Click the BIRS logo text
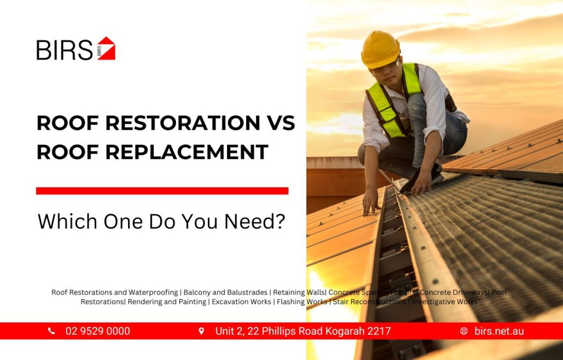(x=64, y=50)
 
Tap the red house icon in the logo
(x=106, y=48)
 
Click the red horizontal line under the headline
(x=162, y=191)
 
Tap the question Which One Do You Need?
(x=162, y=221)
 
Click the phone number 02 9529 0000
(x=98, y=331)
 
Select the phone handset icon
(x=52, y=331)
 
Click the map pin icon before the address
(x=201, y=331)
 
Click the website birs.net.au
(x=499, y=331)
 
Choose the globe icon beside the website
(x=464, y=331)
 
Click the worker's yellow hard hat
(x=380, y=49)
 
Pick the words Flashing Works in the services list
(x=302, y=302)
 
